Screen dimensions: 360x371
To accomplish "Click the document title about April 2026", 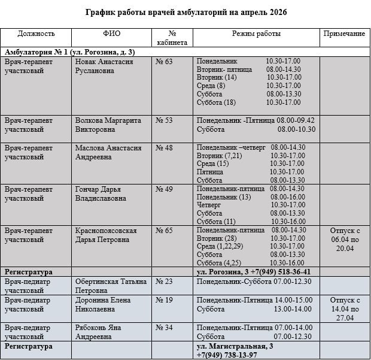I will click(185, 12).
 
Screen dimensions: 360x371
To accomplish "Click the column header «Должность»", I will click(36, 34).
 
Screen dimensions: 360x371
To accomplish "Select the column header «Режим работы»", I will click(256, 34).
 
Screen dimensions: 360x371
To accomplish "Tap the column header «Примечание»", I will click(344, 34).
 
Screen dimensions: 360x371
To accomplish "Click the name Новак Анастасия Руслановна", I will click(104, 65).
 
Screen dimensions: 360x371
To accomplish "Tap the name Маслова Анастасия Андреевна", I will click(108, 152).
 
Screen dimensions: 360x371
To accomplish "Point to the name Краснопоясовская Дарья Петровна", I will click(106, 235).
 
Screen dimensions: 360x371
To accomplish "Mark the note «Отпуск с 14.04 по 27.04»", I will click(345, 308).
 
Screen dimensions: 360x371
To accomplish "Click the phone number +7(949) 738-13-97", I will click(227, 355).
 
